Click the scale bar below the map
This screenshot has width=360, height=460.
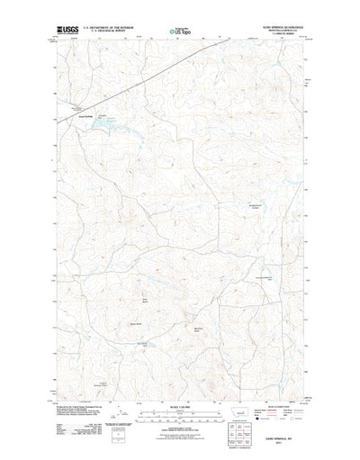click(179, 421)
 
